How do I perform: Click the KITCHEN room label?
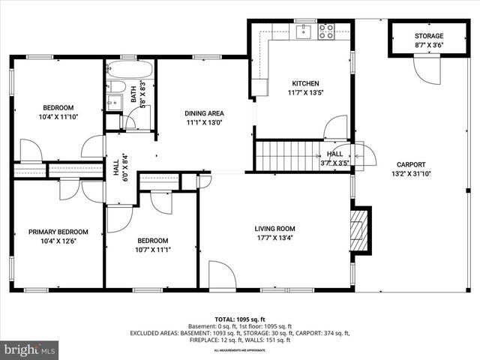[x=305, y=83]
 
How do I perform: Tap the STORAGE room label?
[x=429, y=36]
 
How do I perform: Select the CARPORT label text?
[x=410, y=164]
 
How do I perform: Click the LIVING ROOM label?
[x=274, y=229]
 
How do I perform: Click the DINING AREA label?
[x=204, y=113]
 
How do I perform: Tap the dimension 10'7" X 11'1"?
[x=154, y=250]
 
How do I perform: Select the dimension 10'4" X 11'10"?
[x=58, y=116]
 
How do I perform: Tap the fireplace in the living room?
[x=361, y=229]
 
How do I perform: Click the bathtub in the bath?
[x=130, y=70]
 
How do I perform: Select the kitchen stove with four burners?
[x=326, y=31]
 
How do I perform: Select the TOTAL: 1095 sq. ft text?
[x=240, y=319]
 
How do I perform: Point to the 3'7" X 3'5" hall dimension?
[x=334, y=161]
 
